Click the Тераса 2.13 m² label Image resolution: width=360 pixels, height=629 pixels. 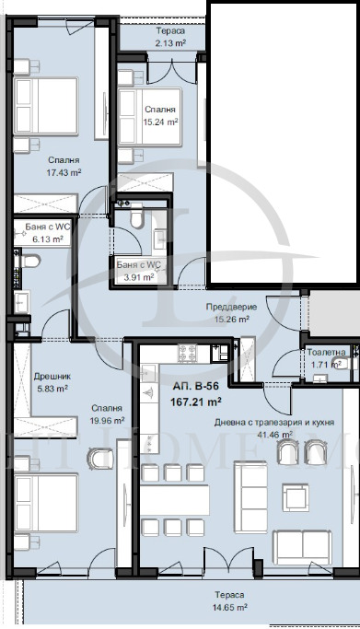tap(170, 37)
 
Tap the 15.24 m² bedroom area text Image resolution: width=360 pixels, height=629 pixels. tap(160, 122)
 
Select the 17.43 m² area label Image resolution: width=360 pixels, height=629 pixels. tap(64, 172)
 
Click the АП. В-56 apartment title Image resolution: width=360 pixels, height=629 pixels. tap(195, 387)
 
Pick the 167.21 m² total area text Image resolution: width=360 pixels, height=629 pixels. tap(196, 402)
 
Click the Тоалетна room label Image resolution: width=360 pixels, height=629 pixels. tap(326, 352)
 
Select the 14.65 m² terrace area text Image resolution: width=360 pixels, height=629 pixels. tap(229, 608)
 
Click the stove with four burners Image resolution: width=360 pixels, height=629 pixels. tap(187, 353)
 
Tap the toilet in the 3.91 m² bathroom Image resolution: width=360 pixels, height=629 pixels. tap(136, 215)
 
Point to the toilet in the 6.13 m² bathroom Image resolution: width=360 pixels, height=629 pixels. tap(29, 262)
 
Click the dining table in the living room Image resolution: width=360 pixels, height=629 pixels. tap(175, 500)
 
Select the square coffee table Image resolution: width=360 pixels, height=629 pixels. tap(296, 497)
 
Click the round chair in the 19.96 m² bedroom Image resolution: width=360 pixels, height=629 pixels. tap(100, 459)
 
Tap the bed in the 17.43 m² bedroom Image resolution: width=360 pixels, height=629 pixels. tap(45, 106)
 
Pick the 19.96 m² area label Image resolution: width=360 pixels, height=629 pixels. tap(107, 421)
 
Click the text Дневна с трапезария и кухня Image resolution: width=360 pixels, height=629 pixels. tap(274, 423)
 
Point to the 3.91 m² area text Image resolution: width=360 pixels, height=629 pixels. tap(137, 276)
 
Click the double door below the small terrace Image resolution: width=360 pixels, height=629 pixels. tap(172, 72)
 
